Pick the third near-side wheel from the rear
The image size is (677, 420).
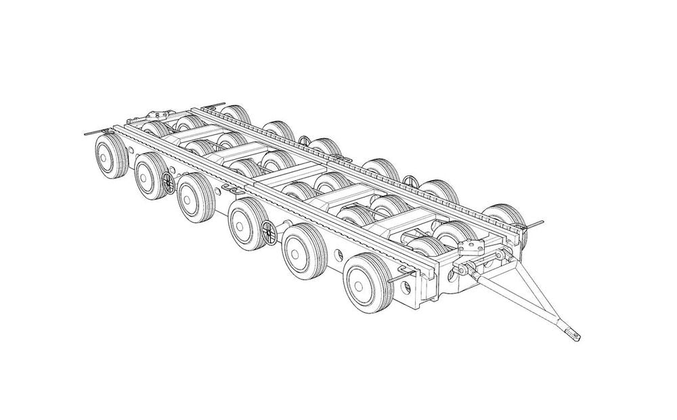195,197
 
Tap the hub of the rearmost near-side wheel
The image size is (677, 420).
106,156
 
